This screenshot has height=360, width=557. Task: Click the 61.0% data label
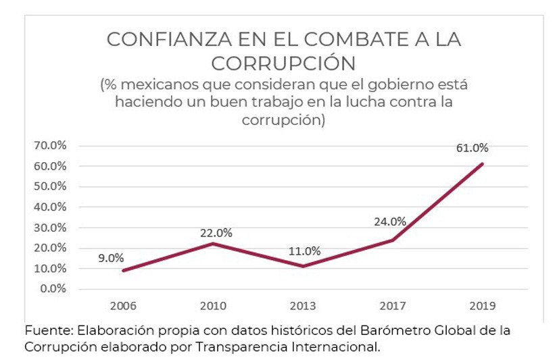tap(472, 148)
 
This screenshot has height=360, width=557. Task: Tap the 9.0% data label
tap(110, 257)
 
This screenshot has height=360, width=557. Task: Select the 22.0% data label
tap(216, 233)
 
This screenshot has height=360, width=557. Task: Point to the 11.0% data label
tap(304, 251)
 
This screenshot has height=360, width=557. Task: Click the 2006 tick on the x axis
tap(123, 306)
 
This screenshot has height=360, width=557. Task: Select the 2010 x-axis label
tap(214, 306)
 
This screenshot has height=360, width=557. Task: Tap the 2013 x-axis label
tap(303, 306)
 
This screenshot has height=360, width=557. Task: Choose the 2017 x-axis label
tap(393, 306)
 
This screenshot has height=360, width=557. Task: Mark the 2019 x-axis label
tap(482, 306)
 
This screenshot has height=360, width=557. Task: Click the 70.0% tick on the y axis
tap(51, 145)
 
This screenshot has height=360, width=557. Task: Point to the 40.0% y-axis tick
tap(51, 207)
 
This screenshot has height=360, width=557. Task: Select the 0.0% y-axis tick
tap(53, 288)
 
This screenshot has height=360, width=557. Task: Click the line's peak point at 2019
tap(483, 163)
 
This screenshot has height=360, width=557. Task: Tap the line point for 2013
tap(304, 266)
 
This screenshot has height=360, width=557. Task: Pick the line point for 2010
tap(214, 244)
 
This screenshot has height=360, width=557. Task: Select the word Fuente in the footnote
tap(47, 331)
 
